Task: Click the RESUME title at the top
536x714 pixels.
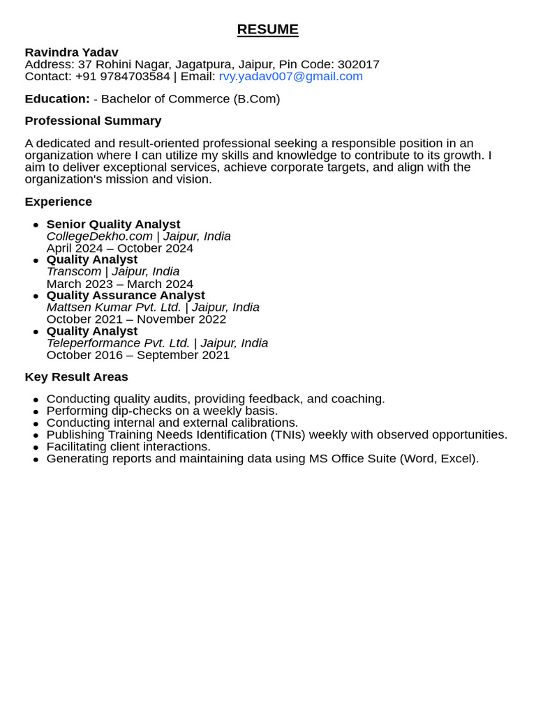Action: [x=267, y=29]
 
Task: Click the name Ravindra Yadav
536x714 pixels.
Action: [x=71, y=52]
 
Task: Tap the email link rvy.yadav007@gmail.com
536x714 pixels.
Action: [x=290, y=76]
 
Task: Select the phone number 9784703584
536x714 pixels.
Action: [x=135, y=76]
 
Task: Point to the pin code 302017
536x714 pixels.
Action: [x=358, y=64]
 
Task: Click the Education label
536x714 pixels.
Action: [x=57, y=98]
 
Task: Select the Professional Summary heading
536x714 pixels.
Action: [x=93, y=121]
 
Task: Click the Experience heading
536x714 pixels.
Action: [x=58, y=202]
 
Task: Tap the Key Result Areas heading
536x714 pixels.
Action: [x=76, y=377]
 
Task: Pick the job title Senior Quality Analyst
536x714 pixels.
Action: [x=113, y=224]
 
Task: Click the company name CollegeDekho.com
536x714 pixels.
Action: [x=99, y=236]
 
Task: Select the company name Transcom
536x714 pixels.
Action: [x=73, y=271]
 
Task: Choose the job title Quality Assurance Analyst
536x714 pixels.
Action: [x=126, y=295]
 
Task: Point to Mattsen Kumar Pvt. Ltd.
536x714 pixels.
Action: [x=113, y=307]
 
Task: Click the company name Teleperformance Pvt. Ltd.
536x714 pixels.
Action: [x=118, y=343]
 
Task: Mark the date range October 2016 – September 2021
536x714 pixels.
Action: [x=137, y=355]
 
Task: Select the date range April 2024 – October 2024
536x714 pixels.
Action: [x=119, y=248]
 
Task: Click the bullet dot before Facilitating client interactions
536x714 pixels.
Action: [x=36, y=448]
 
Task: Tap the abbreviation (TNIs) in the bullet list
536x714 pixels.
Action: [x=288, y=434]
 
